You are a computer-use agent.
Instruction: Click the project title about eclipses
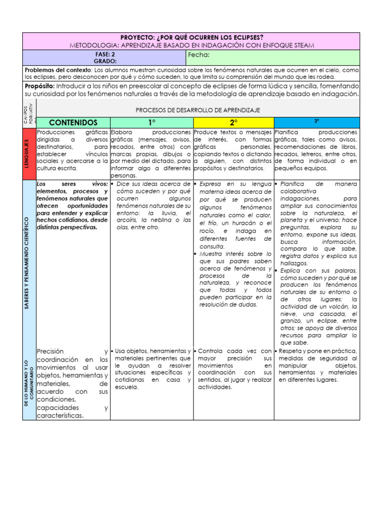tap(191, 37)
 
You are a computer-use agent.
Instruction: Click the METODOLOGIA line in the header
tap(191, 45)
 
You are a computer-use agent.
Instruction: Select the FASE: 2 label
tap(105, 54)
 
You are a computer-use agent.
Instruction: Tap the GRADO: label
tap(105, 61)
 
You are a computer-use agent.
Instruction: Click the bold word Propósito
tap(39, 86)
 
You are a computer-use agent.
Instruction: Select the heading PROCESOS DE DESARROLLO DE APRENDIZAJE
tap(198, 110)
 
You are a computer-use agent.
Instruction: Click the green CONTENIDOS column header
tap(73, 122)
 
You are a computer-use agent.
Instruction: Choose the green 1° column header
tap(151, 122)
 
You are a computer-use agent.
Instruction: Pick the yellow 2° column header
tap(233, 122)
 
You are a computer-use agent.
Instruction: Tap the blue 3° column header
tap(316, 122)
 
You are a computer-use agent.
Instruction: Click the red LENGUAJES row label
tap(29, 153)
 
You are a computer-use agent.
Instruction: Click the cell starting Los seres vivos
tap(72, 205)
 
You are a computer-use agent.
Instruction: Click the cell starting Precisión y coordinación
tap(72, 383)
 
